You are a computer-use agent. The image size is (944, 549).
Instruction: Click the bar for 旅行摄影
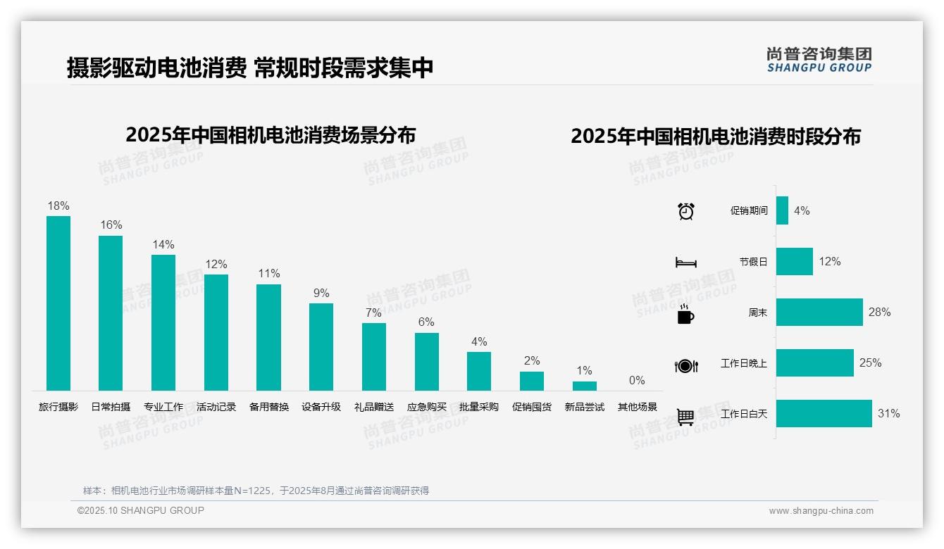coord(58,303)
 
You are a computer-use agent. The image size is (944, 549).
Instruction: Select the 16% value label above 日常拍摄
coord(111,225)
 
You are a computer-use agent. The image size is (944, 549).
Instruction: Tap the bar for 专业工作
coord(163,322)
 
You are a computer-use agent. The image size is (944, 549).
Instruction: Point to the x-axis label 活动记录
coord(216,407)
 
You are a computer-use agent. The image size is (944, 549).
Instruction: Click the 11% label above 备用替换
coord(269,274)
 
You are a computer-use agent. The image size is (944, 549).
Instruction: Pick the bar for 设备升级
coord(321,346)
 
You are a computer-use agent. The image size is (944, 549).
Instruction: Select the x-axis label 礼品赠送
coord(374,407)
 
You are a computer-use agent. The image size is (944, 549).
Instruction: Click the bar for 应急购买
coord(427,361)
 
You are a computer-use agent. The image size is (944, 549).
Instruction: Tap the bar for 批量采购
coord(479,371)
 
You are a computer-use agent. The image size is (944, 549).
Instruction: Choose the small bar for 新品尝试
coord(585,386)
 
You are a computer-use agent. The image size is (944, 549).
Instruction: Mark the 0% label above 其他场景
coord(637,381)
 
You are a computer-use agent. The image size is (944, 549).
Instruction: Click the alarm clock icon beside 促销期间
coord(686,211)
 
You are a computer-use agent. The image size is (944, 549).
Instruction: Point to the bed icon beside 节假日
coord(686,263)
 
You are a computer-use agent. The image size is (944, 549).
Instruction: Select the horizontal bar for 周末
coord(819,312)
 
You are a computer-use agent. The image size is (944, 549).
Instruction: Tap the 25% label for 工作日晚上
coord(870,363)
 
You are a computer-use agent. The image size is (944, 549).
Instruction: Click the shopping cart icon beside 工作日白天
coord(685,417)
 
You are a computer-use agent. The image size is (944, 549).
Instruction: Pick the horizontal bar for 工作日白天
coord(824,413)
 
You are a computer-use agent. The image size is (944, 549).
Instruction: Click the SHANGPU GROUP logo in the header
coord(819,60)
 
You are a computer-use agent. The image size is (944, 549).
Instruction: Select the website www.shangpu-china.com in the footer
coord(821,511)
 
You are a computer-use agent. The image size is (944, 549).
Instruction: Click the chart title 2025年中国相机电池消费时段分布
coord(716,137)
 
